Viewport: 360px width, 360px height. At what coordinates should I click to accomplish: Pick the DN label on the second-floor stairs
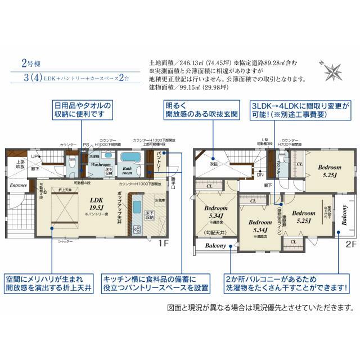pyautogui.click(x=259, y=174)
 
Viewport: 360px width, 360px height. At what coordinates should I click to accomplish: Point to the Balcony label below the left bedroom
pyautogui.click(x=215, y=245)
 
